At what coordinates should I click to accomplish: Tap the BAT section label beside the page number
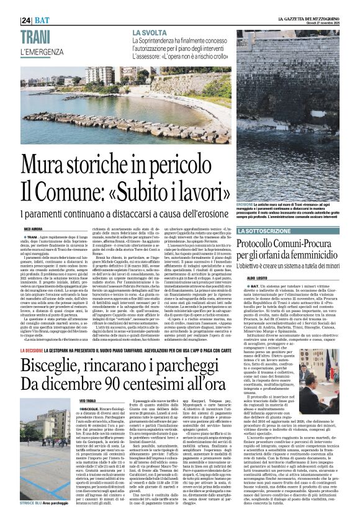[42, 21]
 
